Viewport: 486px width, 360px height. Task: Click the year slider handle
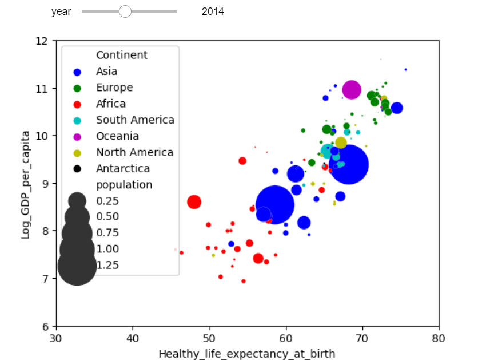click(x=125, y=11)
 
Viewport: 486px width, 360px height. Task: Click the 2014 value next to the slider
click(x=213, y=11)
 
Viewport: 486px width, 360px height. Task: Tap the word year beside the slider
click(x=61, y=11)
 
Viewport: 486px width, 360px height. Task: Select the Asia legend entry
click(x=106, y=72)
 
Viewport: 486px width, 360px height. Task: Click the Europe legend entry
click(x=114, y=88)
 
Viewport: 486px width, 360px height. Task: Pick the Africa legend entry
click(x=110, y=104)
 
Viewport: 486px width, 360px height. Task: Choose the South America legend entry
click(x=134, y=120)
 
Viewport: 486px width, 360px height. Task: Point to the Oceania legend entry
click(x=117, y=136)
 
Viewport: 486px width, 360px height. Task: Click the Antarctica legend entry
click(x=122, y=168)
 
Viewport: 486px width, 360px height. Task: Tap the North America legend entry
click(x=134, y=152)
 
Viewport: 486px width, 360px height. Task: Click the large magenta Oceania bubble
click(x=352, y=89)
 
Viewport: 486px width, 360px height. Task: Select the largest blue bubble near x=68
click(x=349, y=165)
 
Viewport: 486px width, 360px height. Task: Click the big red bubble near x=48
click(x=194, y=201)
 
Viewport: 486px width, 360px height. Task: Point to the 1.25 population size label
click(x=107, y=265)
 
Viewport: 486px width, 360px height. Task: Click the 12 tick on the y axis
click(x=42, y=41)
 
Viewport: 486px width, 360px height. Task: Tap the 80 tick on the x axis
click(x=439, y=338)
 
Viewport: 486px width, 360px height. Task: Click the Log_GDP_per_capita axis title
click(x=26, y=183)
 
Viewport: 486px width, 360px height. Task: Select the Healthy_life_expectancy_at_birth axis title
click(x=247, y=353)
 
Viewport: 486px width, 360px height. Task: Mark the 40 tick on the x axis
click(x=133, y=338)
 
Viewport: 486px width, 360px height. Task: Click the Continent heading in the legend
click(x=122, y=55)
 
